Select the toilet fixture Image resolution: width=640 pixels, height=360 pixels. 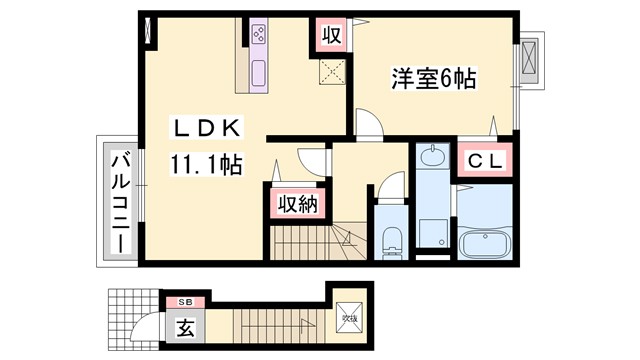(390, 240)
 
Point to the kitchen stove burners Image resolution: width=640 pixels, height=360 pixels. (259, 37)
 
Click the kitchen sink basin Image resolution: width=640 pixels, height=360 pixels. (259, 73)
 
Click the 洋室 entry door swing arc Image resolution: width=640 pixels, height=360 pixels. (368, 121)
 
